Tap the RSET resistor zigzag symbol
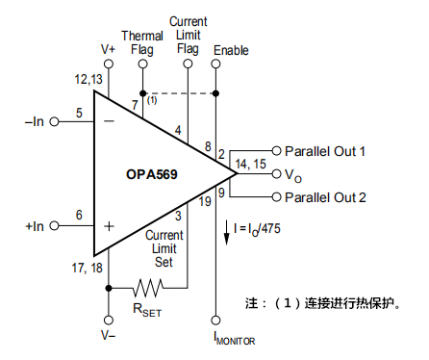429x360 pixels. tap(149, 286)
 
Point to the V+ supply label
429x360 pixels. tap(109, 46)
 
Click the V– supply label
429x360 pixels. tap(109, 336)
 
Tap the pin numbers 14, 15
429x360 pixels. tap(253, 164)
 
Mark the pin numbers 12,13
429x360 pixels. tap(86, 79)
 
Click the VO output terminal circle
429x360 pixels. tap(276, 174)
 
